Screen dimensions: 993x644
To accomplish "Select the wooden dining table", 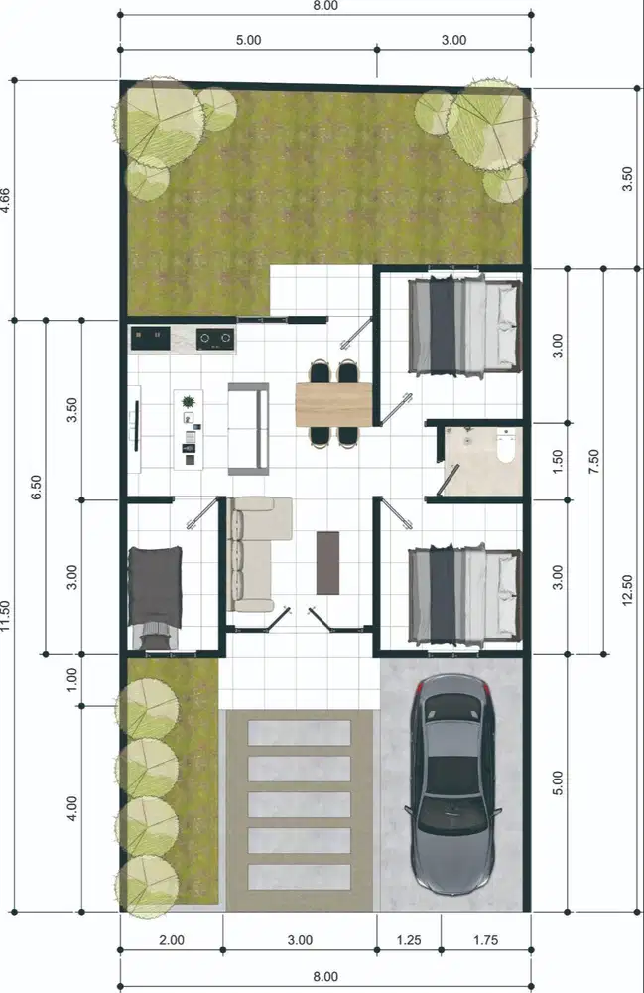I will click(332, 403).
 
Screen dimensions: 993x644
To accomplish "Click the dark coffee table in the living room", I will click(327, 563).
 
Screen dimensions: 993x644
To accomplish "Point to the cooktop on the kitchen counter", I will click(215, 339).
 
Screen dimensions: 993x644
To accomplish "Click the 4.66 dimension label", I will click(8, 202).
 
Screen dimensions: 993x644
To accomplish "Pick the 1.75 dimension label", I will click(486, 939).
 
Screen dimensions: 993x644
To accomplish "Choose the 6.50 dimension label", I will click(36, 487).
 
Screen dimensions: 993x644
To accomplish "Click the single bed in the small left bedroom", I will click(156, 597).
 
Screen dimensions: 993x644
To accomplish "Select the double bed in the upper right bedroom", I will click(464, 325).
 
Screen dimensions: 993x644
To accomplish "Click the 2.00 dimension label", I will click(171, 939).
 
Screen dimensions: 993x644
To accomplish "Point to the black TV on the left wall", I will click(135, 425).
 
